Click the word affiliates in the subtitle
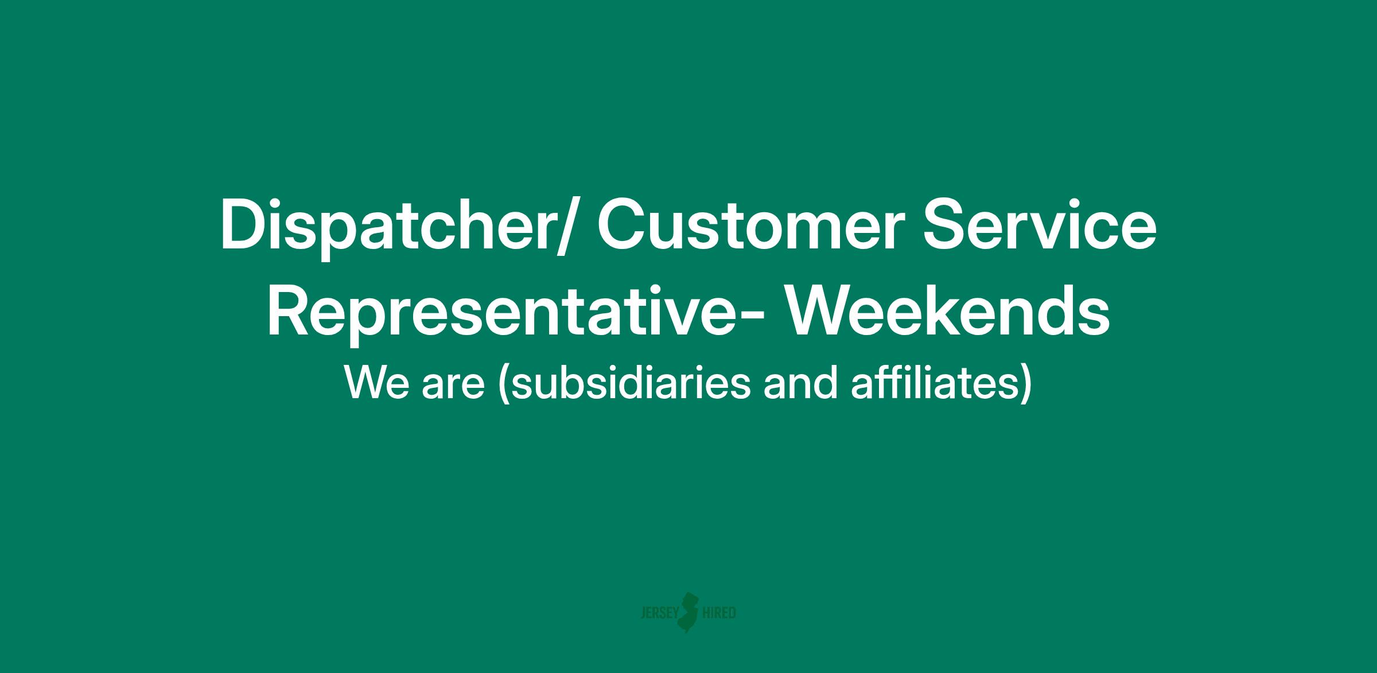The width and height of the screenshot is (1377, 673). [x=934, y=383]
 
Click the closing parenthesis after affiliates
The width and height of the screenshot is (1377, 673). [x=1025, y=386]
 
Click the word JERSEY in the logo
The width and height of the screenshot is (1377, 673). [x=659, y=613]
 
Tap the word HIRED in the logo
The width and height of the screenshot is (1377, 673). [x=719, y=613]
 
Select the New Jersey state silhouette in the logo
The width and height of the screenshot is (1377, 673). [x=690, y=612]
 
